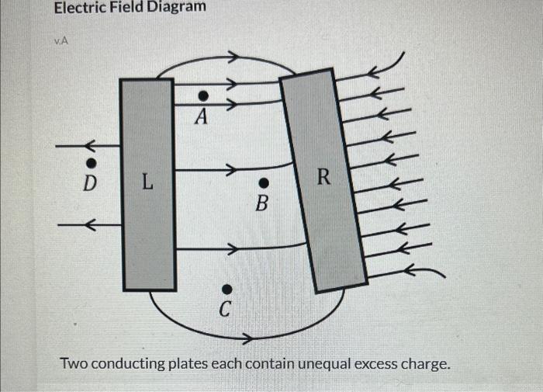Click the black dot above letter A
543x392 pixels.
click(x=202, y=95)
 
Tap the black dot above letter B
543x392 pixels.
click(x=263, y=183)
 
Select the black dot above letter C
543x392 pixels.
click(x=226, y=289)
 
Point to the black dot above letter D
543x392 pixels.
click(x=91, y=163)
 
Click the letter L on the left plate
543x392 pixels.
click(x=147, y=184)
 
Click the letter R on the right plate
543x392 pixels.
click(x=323, y=178)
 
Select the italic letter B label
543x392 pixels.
click(x=262, y=205)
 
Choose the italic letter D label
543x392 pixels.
click(x=90, y=185)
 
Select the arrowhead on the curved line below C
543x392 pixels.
click(x=247, y=339)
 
